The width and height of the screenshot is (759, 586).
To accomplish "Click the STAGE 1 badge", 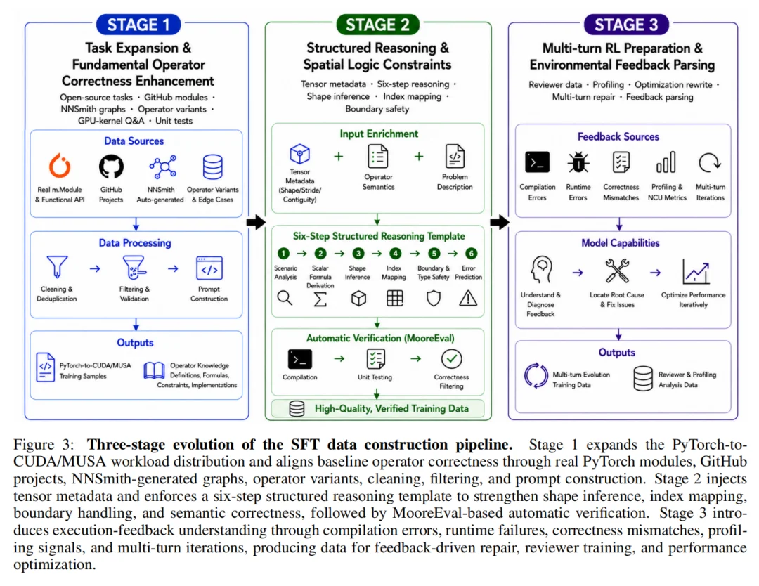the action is tap(138, 25).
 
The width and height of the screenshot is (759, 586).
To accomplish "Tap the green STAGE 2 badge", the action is tap(377, 25).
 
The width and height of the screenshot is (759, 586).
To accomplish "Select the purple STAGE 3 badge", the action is tap(626, 25).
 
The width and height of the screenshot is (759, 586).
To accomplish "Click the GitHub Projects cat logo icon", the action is tap(111, 167).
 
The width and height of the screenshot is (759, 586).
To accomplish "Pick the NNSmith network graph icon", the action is tap(162, 167).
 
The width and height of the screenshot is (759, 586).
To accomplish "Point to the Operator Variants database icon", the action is tap(212, 167).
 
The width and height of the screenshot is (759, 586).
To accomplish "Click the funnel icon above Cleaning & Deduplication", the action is tap(57, 267).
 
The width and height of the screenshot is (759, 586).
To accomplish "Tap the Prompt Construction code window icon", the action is tap(209, 268).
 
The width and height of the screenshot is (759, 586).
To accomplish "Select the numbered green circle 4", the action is tap(396, 254).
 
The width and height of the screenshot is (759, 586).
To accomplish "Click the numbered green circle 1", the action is tap(283, 254).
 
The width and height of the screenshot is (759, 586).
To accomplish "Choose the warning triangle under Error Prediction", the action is tap(468, 298).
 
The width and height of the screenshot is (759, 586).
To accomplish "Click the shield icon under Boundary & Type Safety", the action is tap(433, 298).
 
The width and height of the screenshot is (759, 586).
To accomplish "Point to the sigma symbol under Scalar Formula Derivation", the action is tap(320, 299).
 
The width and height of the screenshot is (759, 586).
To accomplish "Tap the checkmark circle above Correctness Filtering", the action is tap(452, 359).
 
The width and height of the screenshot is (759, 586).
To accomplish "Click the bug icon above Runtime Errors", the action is tap(578, 162).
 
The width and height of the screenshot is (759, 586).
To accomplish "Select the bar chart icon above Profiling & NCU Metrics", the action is tap(666, 162).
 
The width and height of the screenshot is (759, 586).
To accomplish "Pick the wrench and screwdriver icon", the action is tap(617, 271).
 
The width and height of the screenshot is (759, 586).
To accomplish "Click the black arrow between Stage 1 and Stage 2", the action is tap(256, 222).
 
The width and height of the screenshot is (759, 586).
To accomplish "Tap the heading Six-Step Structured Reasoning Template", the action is tap(379, 236).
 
